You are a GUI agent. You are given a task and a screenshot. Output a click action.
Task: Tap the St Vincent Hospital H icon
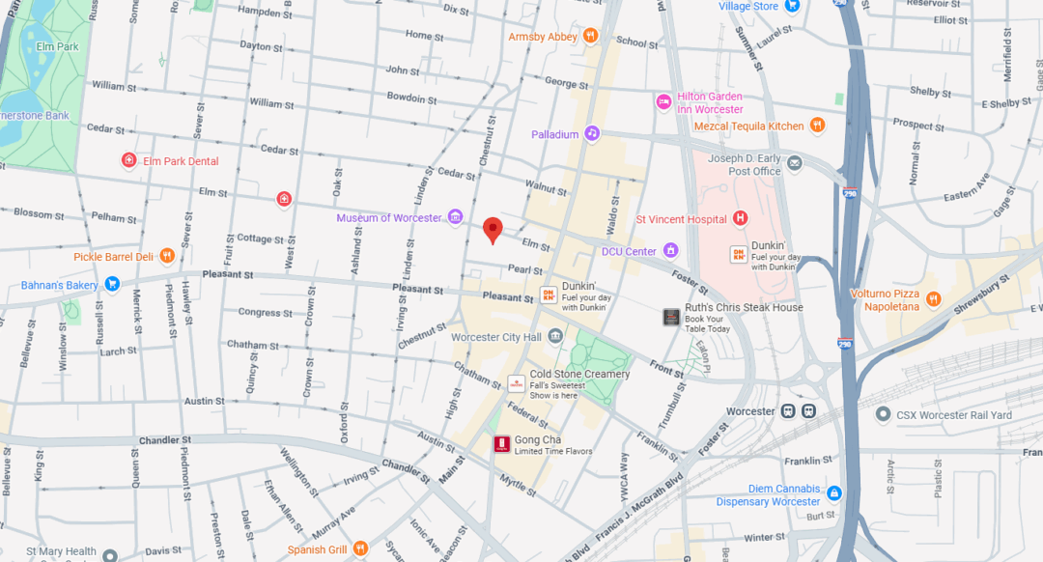pos(741,219)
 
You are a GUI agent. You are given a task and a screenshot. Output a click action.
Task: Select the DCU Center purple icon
pos(669,251)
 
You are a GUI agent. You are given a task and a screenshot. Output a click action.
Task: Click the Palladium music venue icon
pos(592,134)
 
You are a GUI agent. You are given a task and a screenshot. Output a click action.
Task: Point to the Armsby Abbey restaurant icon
pos(590,37)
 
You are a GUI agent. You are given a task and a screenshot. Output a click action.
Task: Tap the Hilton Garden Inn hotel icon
pos(663,102)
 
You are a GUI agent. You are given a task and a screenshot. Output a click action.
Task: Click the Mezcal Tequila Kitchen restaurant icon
pos(817,126)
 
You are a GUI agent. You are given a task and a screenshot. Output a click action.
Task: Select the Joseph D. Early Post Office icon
pos(794,163)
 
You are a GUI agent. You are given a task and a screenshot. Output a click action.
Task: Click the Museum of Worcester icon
pos(455,218)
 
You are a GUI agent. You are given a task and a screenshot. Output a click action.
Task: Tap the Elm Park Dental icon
pos(128,160)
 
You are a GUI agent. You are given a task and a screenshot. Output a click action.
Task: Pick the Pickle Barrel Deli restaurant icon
pos(167,256)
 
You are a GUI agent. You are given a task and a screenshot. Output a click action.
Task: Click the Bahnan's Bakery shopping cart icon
pos(112,284)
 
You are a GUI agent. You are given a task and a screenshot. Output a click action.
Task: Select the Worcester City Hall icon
pos(555,336)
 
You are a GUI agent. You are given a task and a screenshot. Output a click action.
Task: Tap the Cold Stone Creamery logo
pos(516,382)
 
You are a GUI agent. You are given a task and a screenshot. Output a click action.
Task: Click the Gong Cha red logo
pos(501,444)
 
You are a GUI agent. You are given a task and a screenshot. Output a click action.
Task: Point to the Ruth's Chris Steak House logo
pos(671,316)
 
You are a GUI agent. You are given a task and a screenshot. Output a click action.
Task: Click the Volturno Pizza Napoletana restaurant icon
pos(933,298)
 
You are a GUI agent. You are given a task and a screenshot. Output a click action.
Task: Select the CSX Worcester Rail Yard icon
pos(882,414)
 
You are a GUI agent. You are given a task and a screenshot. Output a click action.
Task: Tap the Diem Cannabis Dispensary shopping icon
pos(833,494)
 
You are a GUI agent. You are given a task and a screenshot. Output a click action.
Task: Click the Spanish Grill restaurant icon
pos(360,548)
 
